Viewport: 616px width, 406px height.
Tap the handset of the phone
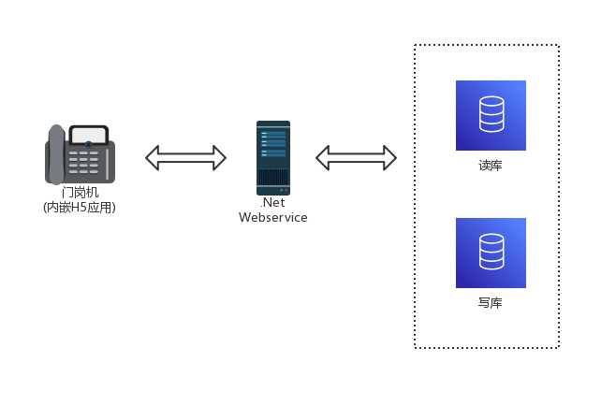click(x=54, y=153)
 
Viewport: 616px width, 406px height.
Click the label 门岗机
click(x=80, y=193)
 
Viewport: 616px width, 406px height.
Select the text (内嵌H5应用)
click(x=80, y=208)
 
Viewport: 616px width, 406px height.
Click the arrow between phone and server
click(x=186, y=157)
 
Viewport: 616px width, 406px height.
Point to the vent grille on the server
click(x=273, y=177)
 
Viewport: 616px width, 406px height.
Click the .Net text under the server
click(x=272, y=202)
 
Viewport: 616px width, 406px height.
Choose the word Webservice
click(x=272, y=217)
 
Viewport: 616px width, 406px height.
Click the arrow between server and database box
click(x=356, y=157)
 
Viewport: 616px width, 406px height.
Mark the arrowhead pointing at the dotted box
click(x=389, y=157)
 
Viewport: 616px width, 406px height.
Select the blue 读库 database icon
click(x=491, y=115)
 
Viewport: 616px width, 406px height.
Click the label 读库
click(x=491, y=166)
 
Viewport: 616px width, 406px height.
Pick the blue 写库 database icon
click(x=491, y=253)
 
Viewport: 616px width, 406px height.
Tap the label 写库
click(x=491, y=303)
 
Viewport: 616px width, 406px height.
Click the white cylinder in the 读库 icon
click(x=491, y=115)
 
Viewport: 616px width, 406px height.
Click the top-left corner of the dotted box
click(x=416, y=45)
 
